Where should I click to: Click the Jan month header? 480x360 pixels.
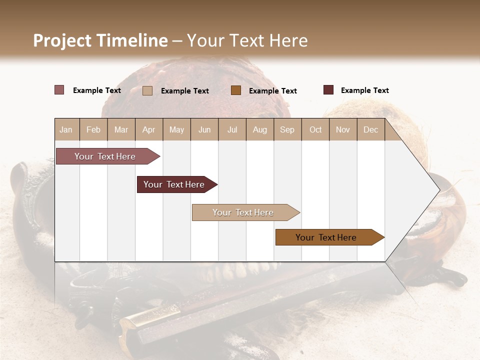(66, 129)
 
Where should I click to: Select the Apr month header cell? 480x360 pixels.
(149, 129)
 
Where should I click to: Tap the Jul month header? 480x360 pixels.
(232, 129)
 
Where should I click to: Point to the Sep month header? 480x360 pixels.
(287, 129)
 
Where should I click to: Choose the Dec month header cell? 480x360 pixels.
(370, 129)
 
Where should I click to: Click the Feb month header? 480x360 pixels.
(93, 129)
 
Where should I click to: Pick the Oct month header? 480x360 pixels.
(315, 129)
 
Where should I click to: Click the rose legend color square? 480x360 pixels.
(59, 90)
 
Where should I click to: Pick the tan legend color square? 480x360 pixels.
(147, 90)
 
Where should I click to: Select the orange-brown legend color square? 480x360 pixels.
(236, 90)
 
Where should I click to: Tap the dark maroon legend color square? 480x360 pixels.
(328, 90)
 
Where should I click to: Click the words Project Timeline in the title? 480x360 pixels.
(100, 40)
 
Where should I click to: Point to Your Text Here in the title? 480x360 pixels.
(247, 40)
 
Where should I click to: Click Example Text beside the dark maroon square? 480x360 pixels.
(364, 90)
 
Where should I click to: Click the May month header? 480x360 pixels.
(176, 129)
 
